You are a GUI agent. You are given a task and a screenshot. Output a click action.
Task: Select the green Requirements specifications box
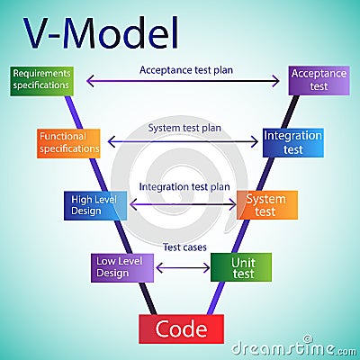41,80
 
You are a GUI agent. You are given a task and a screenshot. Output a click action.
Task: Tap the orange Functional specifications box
68,142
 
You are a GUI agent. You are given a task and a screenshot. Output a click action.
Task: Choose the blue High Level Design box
95,205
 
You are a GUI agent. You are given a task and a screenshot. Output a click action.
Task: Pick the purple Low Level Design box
123,267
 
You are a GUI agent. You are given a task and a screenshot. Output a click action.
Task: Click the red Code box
181,328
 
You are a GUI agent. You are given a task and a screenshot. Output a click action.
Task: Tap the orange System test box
266,205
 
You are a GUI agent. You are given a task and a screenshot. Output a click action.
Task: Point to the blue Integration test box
293,142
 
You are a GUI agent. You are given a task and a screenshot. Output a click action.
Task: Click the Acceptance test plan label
181,68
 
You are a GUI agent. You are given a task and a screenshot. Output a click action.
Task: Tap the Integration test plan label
184,187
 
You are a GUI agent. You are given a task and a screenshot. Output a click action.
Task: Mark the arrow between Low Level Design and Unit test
183,267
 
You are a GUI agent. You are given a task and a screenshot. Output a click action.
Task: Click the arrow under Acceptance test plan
183,81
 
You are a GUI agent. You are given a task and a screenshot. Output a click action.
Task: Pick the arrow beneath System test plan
183,141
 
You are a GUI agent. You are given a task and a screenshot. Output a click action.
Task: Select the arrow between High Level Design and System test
183,205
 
